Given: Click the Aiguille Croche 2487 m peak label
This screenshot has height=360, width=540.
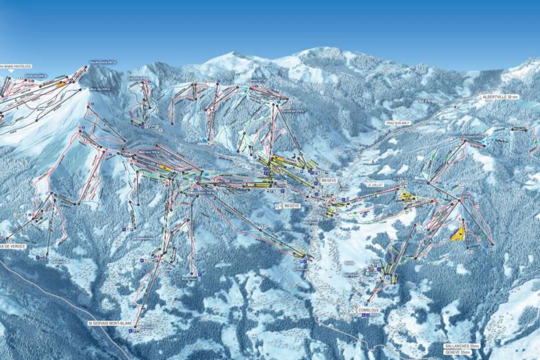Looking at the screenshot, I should click(x=103, y=62).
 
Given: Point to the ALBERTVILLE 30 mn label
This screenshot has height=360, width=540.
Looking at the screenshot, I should click(x=501, y=97).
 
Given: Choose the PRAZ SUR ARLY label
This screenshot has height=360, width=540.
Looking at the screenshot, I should click(x=398, y=122).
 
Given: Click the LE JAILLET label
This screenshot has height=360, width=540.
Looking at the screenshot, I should click(x=374, y=185).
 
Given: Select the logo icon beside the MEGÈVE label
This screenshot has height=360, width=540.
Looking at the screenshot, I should click(x=279, y=206).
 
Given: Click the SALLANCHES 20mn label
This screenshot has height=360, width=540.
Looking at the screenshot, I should click(x=462, y=346).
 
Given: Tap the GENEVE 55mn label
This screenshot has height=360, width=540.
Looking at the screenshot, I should click(x=459, y=352).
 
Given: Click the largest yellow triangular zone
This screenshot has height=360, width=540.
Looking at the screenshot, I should click(x=459, y=234).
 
